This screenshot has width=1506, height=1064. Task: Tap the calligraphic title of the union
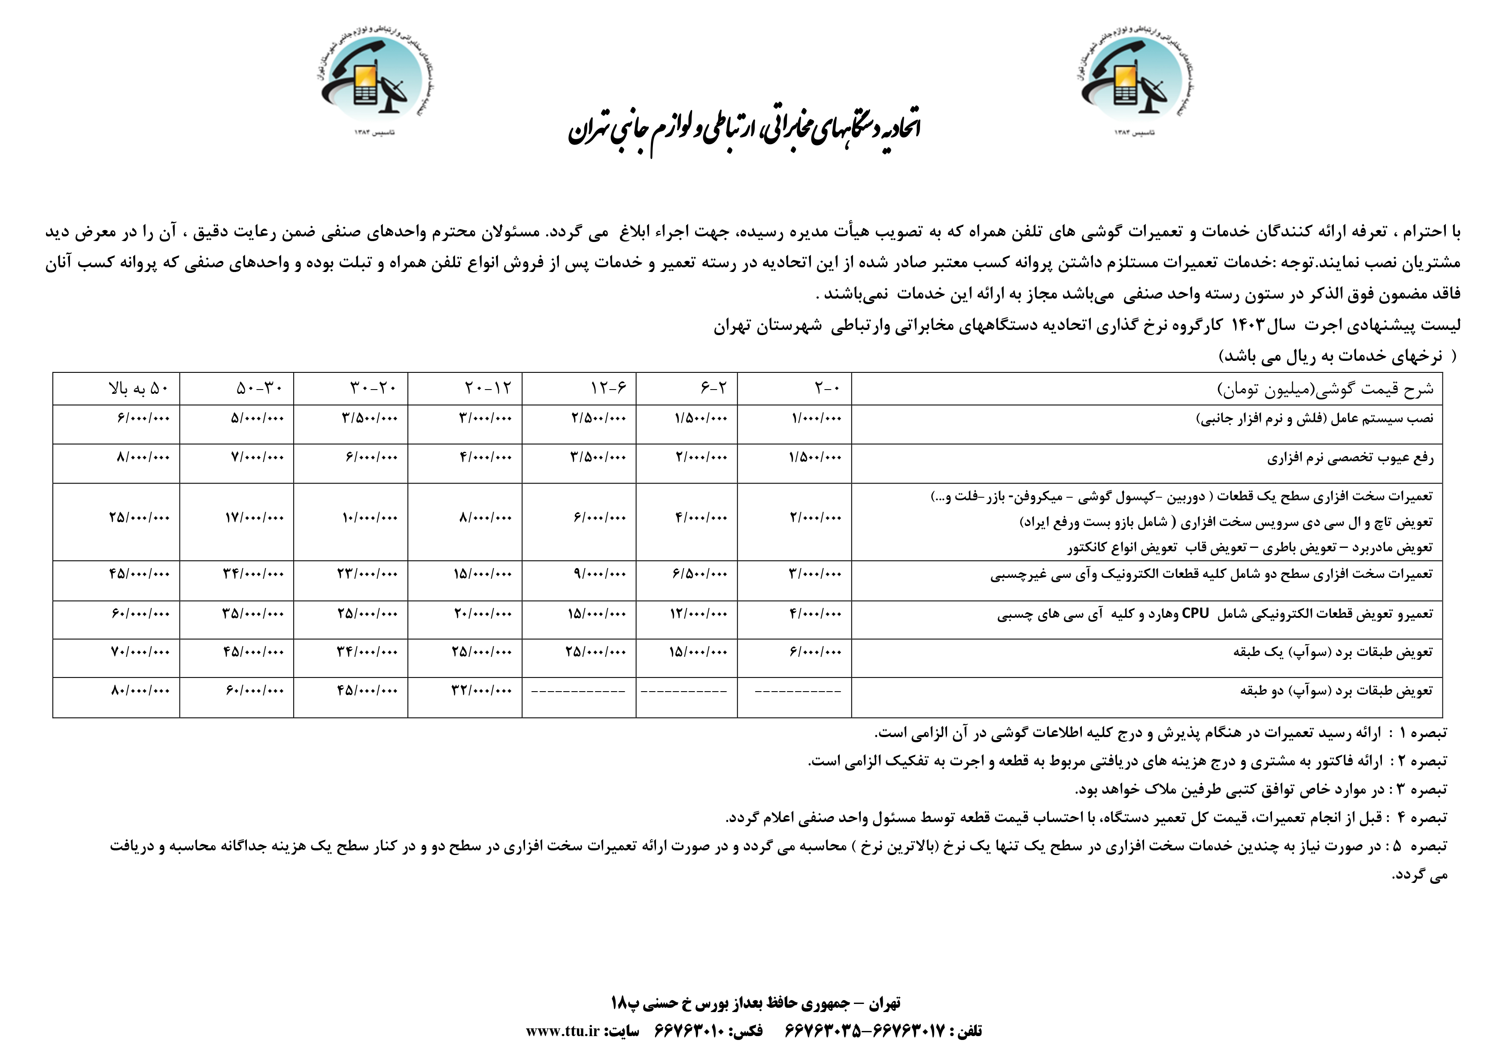point(744,131)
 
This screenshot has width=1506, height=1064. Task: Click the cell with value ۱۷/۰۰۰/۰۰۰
point(257,518)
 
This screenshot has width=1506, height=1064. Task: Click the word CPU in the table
point(1194,614)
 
